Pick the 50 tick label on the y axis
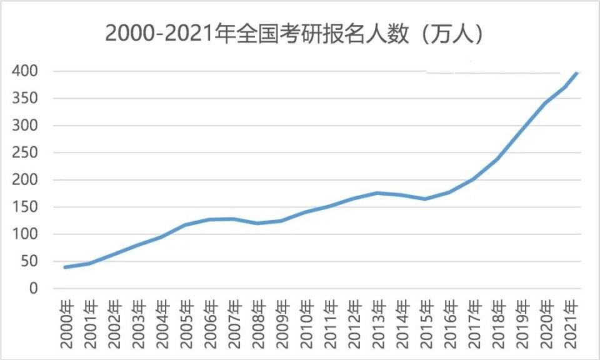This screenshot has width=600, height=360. point(29,262)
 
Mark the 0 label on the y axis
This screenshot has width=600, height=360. point(34,289)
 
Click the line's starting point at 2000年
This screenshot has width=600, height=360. point(66,267)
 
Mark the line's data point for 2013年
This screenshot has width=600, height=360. point(377,193)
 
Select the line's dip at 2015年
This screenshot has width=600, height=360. point(425,199)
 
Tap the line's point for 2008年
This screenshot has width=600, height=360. point(257,223)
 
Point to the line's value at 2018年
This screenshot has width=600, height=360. point(496,159)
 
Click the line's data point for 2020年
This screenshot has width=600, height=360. point(544,104)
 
